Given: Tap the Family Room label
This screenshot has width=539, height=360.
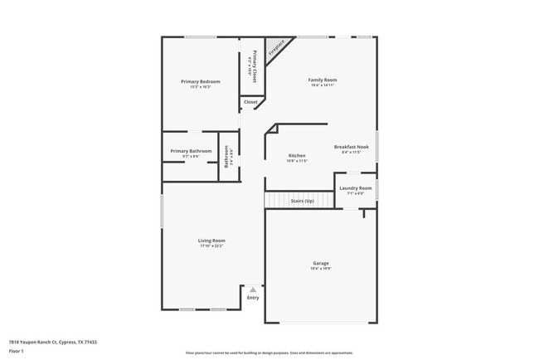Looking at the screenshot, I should pyautogui.click(x=323, y=80).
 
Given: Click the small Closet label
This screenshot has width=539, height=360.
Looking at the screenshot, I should pyautogui.click(x=250, y=102).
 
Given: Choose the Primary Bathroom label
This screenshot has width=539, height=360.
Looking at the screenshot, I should pyautogui.click(x=191, y=151).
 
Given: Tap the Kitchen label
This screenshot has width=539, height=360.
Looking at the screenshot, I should pyautogui.click(x=297, y=155).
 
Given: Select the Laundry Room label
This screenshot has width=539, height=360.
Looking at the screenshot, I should pyautogui.click(x=356, y=188).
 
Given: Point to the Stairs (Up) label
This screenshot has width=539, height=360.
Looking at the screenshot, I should pyautogui.click(x=302, y=201).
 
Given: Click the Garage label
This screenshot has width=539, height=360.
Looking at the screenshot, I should pyautogui.click(x=320, y=263).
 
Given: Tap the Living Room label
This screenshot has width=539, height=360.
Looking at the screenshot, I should pyautogui.click(x=211, y=241).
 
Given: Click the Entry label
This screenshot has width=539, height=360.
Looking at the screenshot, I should pyautogui.click(x=253, y=298).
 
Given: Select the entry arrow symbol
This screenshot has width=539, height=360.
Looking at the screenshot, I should pyautogui.click(x=253, y=289).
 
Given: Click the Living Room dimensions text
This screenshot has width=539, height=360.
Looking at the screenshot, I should pyautogui.click(x=211, y=246).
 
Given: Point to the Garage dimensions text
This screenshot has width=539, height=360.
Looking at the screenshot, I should pyautogui.click(x=320, y=269).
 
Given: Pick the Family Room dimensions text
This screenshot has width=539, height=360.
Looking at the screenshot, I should pyautogui.click(x=323, y=85).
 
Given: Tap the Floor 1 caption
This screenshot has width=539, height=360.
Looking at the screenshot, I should pyautogui.click(x=17, y=352).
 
